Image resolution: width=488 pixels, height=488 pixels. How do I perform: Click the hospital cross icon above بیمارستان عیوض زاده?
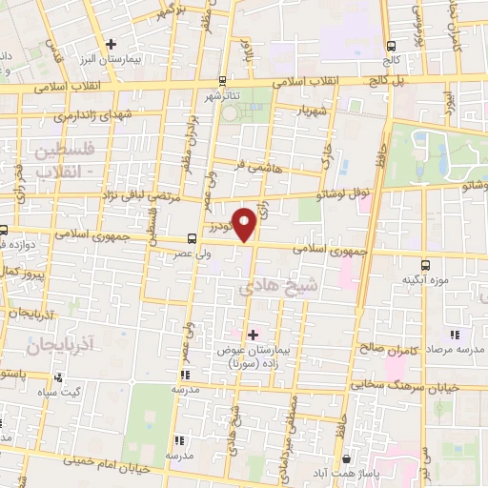click(252, 335)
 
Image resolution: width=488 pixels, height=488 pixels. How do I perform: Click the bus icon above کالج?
click(392, 45)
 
